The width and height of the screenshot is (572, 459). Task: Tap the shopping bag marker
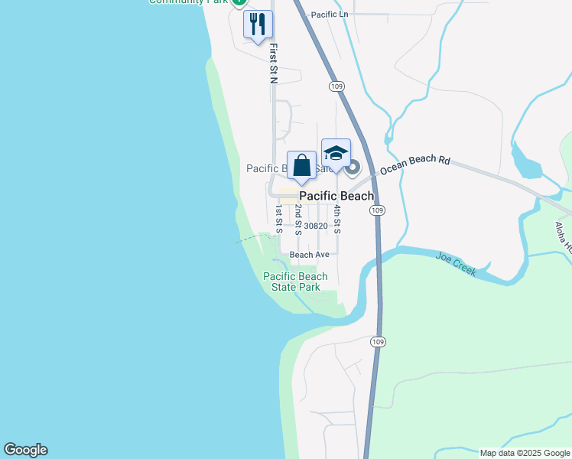302,166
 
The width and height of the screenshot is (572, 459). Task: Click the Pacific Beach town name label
336,197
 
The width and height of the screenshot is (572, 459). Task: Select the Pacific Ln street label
330,15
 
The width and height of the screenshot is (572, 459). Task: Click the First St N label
273,63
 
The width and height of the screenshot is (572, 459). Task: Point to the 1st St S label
278,218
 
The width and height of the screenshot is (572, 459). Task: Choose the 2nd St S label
298,220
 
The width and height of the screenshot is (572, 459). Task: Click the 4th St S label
336,218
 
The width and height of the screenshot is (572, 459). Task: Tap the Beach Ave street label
309,254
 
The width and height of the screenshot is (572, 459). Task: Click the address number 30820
315,226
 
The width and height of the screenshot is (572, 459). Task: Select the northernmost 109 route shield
336,86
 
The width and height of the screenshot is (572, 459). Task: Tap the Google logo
25,450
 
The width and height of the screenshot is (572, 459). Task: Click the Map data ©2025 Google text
524,453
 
